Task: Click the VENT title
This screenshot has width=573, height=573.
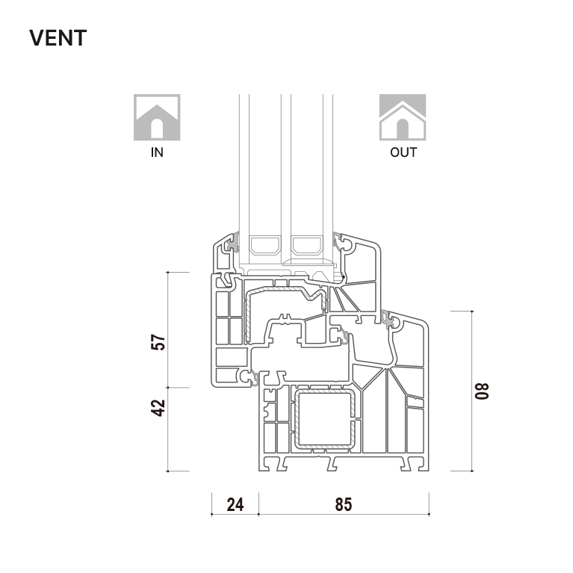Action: coord(58,38)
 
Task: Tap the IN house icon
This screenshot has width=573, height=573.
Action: coord(157,117)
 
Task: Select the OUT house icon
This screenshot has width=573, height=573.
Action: coord(403,117)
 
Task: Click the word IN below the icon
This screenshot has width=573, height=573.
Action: coord(157,152)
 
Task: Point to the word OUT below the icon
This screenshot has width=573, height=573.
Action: coord(403,152)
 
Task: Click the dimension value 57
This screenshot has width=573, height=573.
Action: coord(158,342)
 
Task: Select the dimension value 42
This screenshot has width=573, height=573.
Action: coord(158,408)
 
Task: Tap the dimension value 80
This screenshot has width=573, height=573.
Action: coord(481,391)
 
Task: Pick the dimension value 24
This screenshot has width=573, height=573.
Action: coord(235,505)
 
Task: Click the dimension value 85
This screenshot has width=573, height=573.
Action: coord(344,505)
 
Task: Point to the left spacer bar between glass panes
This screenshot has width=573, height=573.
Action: coord(265,245)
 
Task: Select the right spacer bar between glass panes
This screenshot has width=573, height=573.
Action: coord(306,245)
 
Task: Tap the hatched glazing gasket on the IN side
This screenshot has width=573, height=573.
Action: coord(233,243)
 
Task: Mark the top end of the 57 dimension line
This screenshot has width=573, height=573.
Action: coord(168,272)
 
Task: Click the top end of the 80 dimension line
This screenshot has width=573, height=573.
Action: coord(472,312)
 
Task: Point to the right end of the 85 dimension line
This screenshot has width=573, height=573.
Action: coord(429,515)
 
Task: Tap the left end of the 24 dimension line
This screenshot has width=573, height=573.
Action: coord(211,515)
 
